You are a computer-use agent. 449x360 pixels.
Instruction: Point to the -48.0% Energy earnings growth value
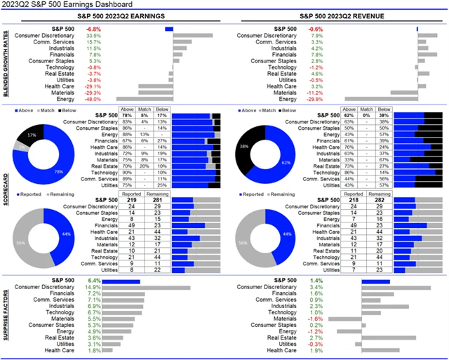tap(93, 99)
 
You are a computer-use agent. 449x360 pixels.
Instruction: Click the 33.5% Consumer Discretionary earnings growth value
tap(93, 35)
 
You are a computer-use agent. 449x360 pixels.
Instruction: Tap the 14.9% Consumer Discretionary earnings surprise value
tap(93, 287)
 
